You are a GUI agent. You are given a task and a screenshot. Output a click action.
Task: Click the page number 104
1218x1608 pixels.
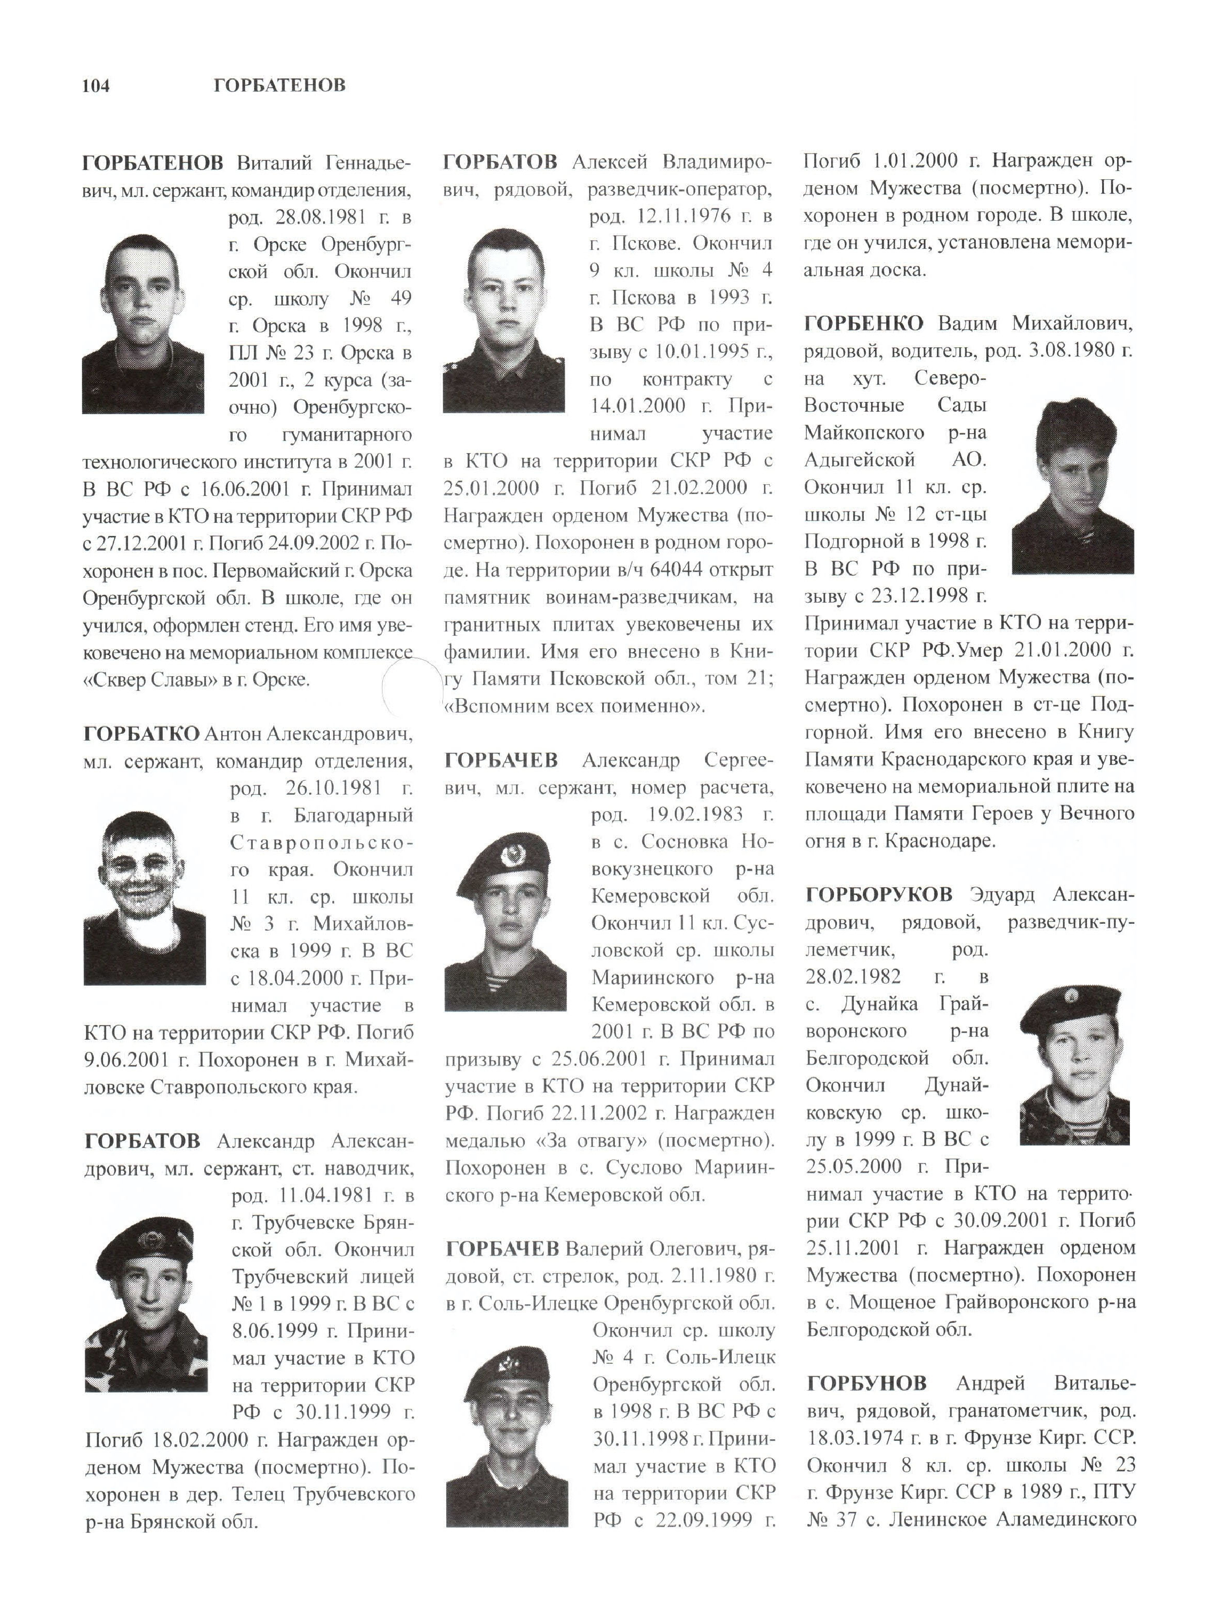coord(96,86)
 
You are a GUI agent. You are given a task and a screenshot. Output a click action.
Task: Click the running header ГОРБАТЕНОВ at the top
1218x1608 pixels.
coord(280,86)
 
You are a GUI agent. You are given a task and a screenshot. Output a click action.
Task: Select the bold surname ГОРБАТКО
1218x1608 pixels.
coord(141,734)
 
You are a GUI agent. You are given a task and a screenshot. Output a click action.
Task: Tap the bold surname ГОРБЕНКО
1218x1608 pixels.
coord(864,324)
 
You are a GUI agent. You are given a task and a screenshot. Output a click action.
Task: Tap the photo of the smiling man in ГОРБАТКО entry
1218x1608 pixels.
coord(145,899)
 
